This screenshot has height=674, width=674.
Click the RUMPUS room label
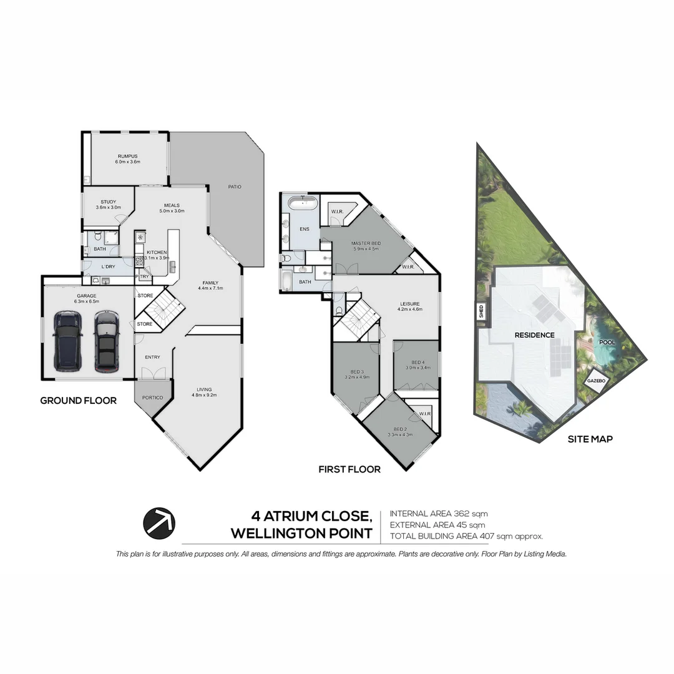tap(127, 156)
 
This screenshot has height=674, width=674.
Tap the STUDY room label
tap(109, 202)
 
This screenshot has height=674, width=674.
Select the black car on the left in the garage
tap(67, 340)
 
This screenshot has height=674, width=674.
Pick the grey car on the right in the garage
tap(107, 341)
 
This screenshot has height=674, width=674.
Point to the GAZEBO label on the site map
tap(595, 381)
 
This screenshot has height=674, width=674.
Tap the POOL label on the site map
tap(607, 343)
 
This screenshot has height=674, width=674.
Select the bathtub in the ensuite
tap(302, 203)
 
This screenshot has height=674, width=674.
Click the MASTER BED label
tap(366, 243)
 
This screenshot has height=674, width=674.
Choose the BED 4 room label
tap(418, 363)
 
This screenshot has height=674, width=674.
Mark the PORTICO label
tap(153, 398)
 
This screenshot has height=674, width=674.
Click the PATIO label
tap(234, 187)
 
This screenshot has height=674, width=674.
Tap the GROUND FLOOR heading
tap(78, 401)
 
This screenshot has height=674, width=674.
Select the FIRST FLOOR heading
tap(349, 469)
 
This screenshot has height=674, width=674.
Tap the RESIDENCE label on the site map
tap(534, 335)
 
